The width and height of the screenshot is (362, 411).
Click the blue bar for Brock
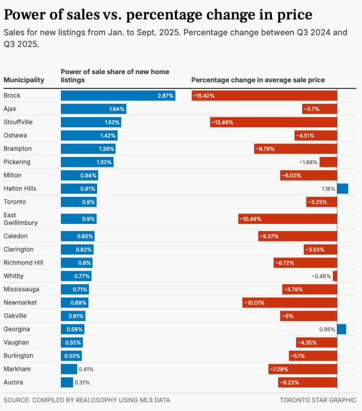tap(118, 95)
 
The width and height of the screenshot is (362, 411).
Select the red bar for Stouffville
tap(273, 122)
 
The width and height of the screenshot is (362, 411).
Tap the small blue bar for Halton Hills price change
tap(342, 189)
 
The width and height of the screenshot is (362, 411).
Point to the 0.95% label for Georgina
tap(327, 329)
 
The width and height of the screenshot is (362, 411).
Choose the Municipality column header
tap(24, 80)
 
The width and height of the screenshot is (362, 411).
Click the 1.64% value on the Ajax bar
tap(117, 109)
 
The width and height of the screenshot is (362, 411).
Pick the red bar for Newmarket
tap(290, 302)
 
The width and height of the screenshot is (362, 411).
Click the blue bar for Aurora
tap(66, 382)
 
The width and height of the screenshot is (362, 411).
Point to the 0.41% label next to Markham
tap(86, 369)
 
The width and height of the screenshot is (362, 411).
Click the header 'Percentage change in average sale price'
tap(258, 80)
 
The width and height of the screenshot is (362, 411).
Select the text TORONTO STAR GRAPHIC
tap(318, 400)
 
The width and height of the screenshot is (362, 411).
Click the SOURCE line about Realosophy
tap(87, 400)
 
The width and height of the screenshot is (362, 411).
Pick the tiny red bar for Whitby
tap(335, 276)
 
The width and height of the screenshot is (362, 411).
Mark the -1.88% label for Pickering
tap(308, 162)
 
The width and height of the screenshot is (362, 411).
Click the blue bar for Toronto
tap(78, 202)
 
